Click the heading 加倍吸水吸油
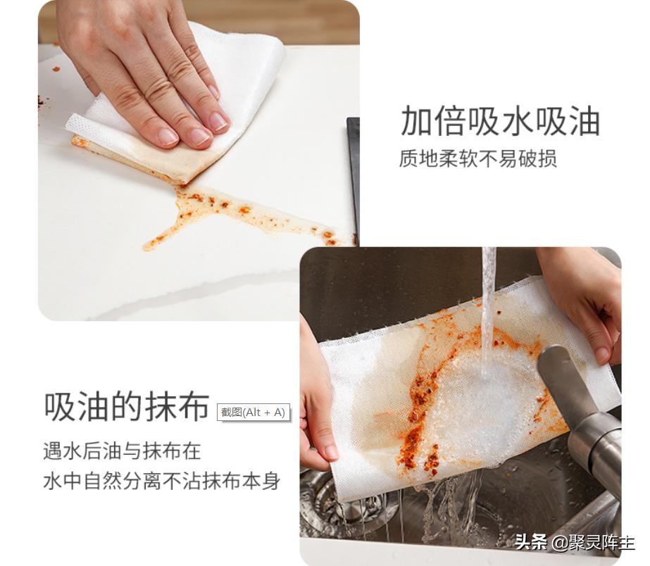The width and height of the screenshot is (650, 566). tap(500, 121)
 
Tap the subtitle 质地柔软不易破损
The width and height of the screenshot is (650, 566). tap(478, 158)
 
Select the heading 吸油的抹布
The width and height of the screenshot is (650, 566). tap(127, 406)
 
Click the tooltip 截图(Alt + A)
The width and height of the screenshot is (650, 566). tap(253, 413)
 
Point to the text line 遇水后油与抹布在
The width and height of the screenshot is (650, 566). tap(122, 451)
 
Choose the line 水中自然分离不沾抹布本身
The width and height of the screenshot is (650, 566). tap(161, 482)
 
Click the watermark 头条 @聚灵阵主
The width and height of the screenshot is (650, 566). tap(574, 542)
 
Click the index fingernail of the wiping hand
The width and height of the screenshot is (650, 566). tap(219, 121)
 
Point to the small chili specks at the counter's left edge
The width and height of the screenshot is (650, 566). tap(42, 103)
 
